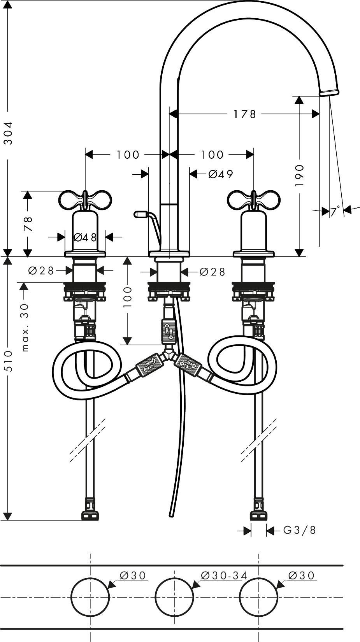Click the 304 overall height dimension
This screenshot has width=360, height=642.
(9, 133)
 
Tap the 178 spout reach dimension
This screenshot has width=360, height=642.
(244, 114)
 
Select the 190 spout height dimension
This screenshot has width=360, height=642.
(299, 176)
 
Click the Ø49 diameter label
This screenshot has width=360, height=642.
(221, 174)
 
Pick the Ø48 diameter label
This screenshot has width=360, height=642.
(85, 237)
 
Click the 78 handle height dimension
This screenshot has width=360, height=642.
(28, 224)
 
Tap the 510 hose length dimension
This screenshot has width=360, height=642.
(9, 361)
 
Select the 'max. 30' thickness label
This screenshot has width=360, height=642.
(25, 328)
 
